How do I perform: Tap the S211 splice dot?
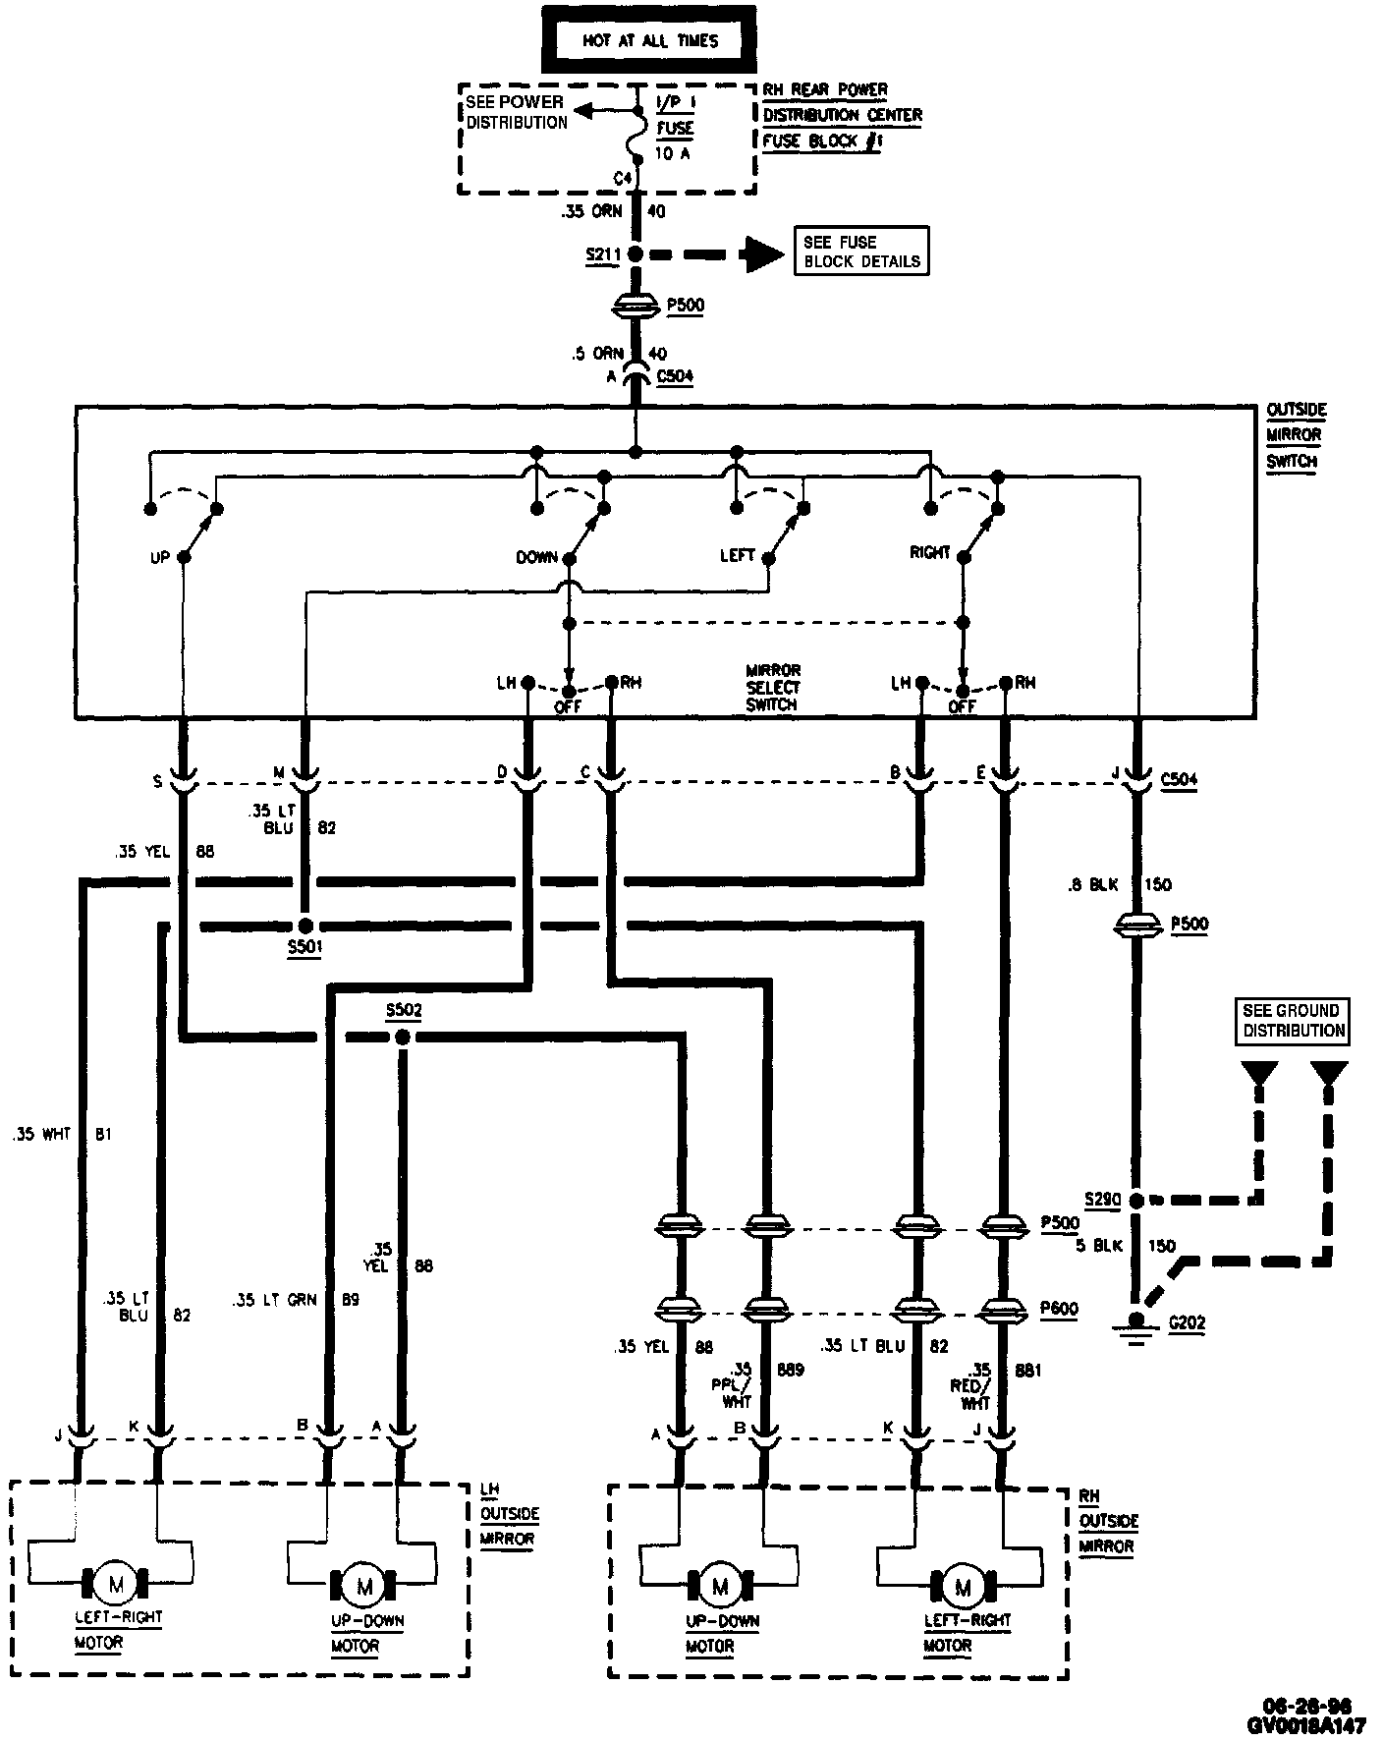tap(636, 253)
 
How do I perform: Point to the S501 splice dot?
tap(305, 926)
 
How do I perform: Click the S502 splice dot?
tap(401, 1038)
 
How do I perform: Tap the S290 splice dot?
tap(1137, 1200)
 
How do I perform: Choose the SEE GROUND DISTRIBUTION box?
tap(1293, 1020)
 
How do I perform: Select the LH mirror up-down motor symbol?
tap(365, 1586)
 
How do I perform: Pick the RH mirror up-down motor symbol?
tap(720, 1586)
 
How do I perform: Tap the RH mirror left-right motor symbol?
tap(963, 1586)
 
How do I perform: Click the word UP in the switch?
tap(160, 557)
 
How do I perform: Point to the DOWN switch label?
tap(536, 557)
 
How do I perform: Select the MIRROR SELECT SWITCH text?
tap(773, 688)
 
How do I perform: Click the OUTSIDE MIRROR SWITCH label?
tap(1296, 435)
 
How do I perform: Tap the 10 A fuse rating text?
tap(672, 153)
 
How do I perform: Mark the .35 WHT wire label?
tap(41, 1134)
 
